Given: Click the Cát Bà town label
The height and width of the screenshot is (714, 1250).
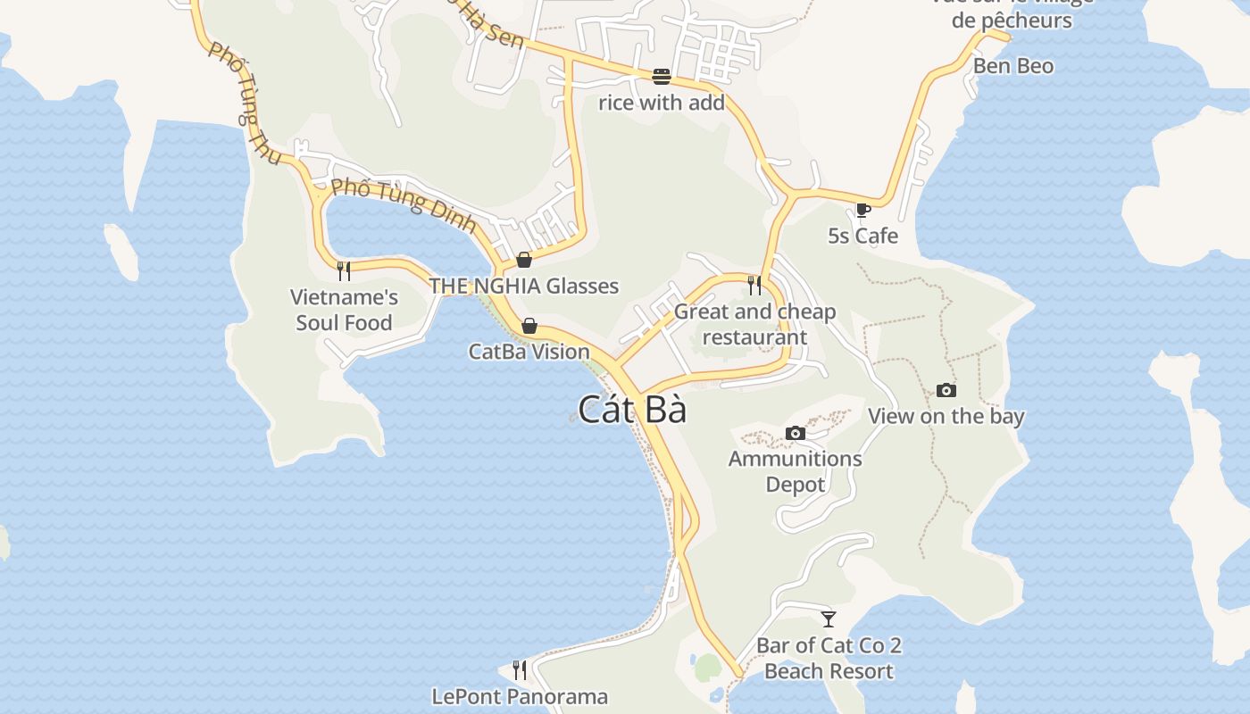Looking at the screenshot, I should pos(632,410).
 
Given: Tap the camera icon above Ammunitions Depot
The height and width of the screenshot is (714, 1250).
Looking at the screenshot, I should pos(795,434).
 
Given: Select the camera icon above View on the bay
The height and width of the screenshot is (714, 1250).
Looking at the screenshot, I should pos(946,390).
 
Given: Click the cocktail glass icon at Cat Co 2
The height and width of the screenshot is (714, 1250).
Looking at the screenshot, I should pos(829,619).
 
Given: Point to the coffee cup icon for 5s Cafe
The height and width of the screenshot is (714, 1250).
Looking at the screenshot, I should pos(862,211).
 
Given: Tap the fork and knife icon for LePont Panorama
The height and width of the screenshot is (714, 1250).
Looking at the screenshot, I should pos(520,669).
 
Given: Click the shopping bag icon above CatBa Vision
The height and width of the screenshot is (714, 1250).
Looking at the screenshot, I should pos(529,326).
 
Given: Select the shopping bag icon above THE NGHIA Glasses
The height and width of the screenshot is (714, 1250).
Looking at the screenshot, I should pos(524,260).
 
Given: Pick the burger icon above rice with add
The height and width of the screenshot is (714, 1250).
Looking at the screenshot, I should pos(661,77).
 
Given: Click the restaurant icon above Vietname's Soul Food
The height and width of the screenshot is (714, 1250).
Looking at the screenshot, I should pos(344,270).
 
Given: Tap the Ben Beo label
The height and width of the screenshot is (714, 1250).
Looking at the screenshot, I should pos(1012,66).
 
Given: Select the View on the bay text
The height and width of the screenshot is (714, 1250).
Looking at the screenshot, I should pos(946,416).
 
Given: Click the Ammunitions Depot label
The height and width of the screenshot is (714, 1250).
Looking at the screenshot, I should pos(795,471).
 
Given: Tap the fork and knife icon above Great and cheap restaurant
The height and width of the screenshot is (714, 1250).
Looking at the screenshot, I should pos(754,285).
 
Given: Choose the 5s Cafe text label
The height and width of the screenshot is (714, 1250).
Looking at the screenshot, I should pos(862,236).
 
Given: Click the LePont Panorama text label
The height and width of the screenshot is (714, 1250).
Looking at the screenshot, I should pos(520,696).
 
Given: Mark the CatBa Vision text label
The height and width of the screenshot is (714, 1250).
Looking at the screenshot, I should pos(529,352).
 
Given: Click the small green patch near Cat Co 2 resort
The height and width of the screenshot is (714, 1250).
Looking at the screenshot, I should pos(707,667).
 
